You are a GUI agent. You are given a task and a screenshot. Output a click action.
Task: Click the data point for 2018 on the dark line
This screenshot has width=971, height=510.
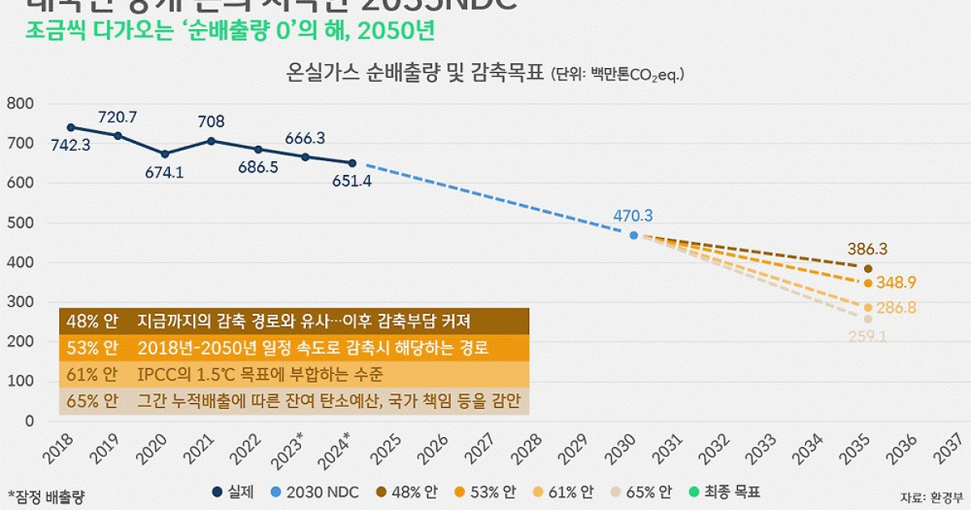[x=70, y=127]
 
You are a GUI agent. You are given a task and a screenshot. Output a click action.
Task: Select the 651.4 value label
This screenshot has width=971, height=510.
[x=352, y=181]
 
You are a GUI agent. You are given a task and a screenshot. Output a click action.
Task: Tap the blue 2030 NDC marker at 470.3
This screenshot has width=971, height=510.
[x=634, y=236]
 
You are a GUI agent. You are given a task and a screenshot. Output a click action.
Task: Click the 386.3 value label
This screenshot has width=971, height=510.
[x=867, y=249]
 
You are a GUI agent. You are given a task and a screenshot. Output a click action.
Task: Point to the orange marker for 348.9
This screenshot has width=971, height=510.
[x=868, y=283]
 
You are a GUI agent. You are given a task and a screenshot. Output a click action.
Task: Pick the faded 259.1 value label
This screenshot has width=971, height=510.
[x=867, y=334]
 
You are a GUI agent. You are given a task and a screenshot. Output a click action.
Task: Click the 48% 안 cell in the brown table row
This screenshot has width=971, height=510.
[x=90, y=320]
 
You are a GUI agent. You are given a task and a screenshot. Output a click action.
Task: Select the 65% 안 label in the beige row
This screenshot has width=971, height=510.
[x=90, y=402]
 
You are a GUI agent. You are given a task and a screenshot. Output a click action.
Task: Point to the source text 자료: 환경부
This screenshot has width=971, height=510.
[x=932, y=495]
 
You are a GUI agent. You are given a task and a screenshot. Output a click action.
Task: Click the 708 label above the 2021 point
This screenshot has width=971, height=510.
[x=211, y=121]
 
